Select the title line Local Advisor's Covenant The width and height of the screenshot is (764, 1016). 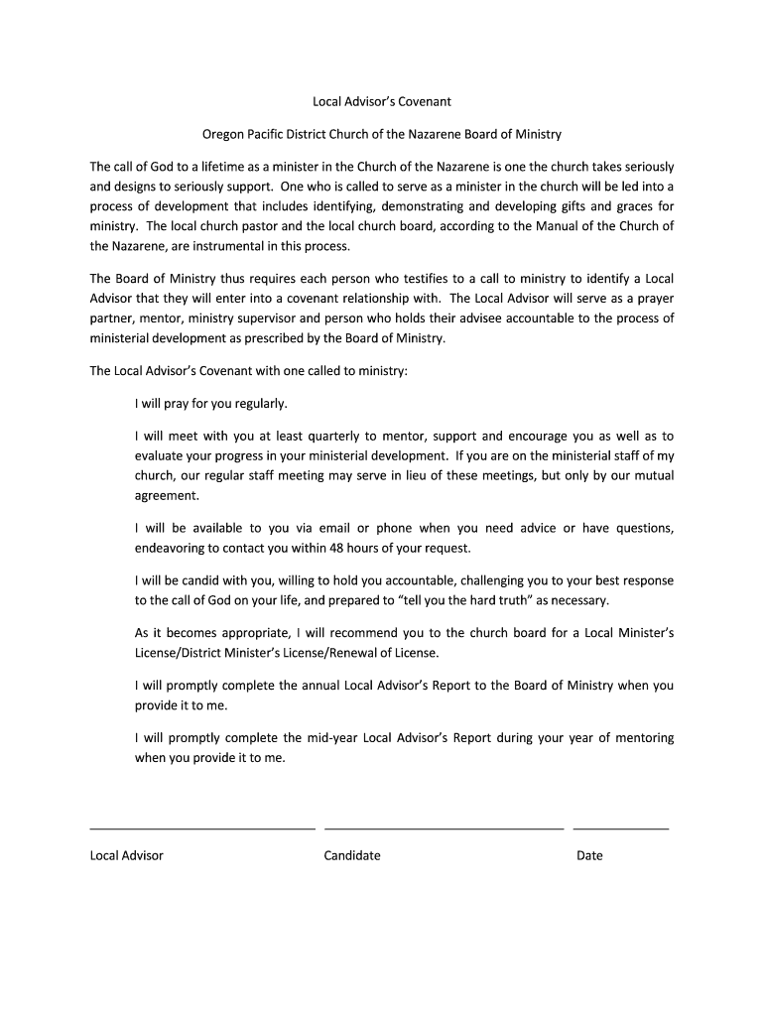[x=382, y=101]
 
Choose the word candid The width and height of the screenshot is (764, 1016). [x=215, y=580]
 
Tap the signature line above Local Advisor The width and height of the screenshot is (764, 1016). [x=202, y=826]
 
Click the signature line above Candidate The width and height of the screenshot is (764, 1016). [x=444, y=826]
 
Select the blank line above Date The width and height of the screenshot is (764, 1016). [x=621, y=826]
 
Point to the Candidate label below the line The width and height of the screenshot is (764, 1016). [x=352, y=855]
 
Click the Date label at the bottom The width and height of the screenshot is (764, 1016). [x=589, y=855]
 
